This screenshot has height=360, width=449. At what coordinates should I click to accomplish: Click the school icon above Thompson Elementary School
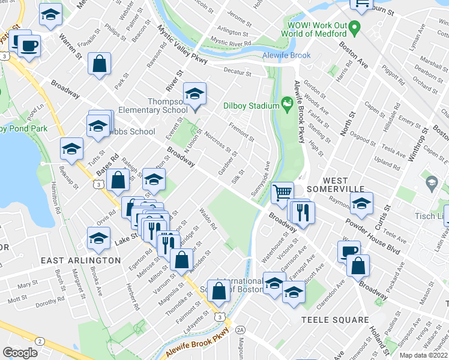pos(194,94)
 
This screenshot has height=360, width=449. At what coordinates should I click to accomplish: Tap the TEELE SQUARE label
pos(335,320)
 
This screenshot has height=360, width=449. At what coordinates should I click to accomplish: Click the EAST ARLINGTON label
pos(80,260)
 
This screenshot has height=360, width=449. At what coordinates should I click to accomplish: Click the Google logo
pos(20,353)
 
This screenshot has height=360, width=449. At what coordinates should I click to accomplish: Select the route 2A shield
pos(241,329)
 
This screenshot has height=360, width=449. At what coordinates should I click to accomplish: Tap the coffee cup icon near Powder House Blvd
pos(348,251)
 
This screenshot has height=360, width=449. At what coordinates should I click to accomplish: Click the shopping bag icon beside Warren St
pos(99,64)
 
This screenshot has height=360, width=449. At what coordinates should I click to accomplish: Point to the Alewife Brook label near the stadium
pos(286,55)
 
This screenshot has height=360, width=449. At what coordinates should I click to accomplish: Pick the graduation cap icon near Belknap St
pos(71,149)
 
